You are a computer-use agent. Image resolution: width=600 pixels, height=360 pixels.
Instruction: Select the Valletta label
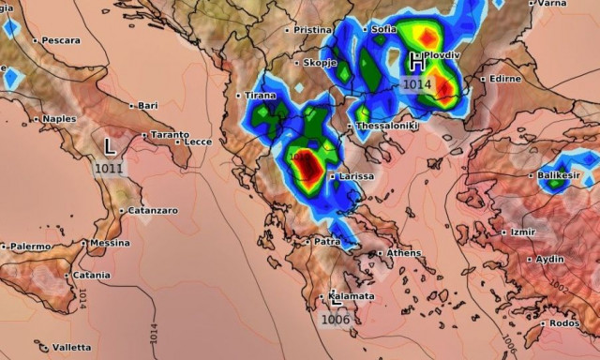coord(71,348)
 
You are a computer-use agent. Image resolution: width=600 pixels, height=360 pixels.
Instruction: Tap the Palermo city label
coord(30,246)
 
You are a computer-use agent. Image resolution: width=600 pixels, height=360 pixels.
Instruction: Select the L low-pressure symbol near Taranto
coord(110,147)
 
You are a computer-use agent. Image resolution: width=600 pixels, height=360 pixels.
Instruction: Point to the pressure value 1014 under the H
coord(417,84)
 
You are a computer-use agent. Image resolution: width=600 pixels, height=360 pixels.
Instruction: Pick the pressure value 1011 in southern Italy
coord(108,168)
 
